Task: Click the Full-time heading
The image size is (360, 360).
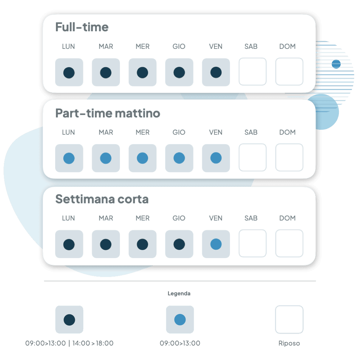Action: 82,27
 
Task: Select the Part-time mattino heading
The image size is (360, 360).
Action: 108,113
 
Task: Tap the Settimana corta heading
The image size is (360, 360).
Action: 102,199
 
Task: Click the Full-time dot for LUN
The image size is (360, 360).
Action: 69,73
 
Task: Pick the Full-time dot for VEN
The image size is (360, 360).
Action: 216,72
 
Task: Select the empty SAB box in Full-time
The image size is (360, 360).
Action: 252,72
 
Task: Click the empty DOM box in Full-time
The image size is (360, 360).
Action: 289,72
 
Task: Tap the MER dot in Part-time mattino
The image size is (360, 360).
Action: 142,158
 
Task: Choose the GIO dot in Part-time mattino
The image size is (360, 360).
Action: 179,158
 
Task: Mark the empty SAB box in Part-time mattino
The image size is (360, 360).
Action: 252,157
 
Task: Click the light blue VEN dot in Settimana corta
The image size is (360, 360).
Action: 216,244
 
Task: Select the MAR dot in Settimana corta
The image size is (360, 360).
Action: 106,244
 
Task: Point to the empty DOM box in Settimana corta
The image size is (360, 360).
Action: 289,243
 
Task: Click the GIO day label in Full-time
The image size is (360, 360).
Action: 179,46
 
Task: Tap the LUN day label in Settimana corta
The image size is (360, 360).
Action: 69,218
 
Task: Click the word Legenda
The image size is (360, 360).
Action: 179,294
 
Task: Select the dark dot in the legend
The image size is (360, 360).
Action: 69,320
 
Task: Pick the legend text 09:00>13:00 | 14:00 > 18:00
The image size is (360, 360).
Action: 69,343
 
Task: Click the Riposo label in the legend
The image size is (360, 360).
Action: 289,343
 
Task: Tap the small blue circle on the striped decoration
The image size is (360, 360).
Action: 336,64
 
